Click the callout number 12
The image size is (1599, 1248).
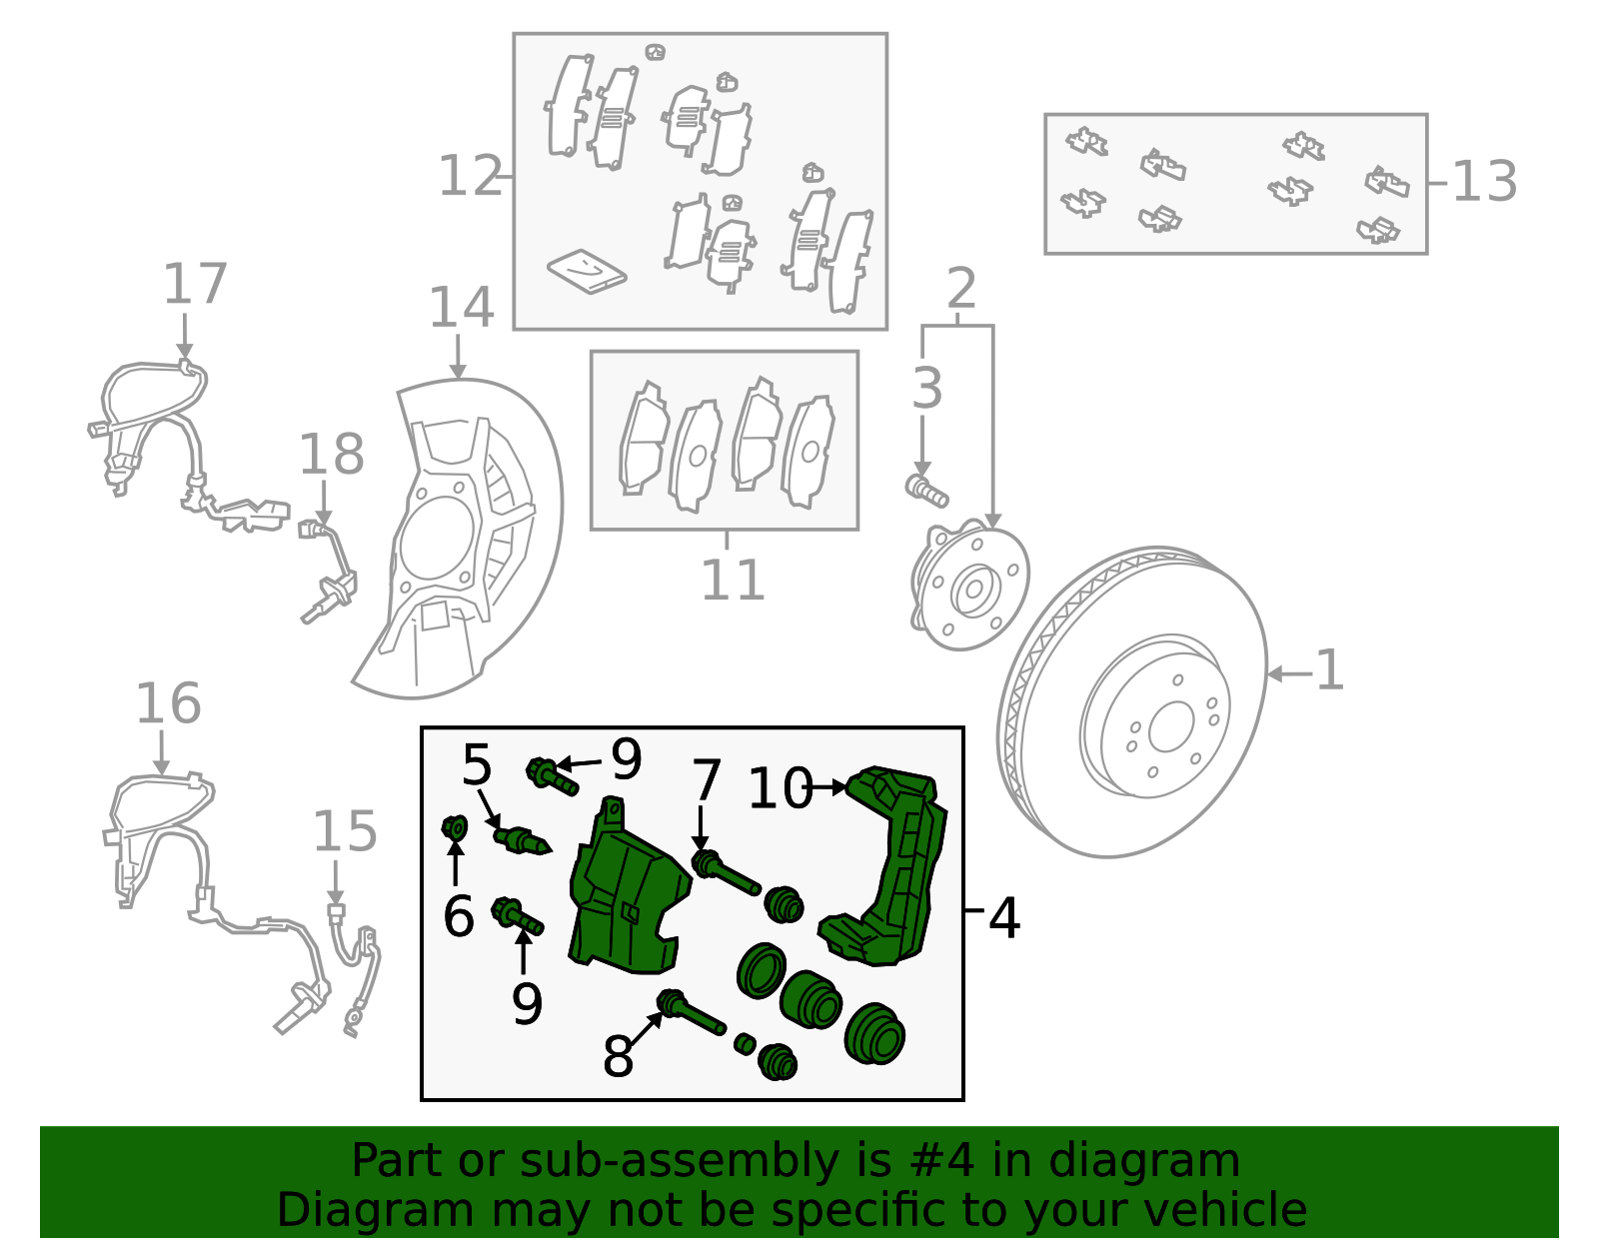coord(470,177)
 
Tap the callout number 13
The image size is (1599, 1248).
coord(1484,183)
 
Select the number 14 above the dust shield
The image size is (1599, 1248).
coord(461,308)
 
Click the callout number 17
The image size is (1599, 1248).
coord(195,285)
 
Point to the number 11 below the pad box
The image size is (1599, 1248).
coord(733,580)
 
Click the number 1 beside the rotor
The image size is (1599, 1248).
coord(1329,670)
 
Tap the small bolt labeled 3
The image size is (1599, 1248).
coord(926,491)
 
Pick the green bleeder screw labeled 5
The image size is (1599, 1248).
coord(521,839)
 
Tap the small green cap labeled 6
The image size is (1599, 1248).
coord(455,827)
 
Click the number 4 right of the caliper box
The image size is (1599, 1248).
coord(1004,917)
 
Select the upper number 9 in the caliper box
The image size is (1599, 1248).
coord(626,760)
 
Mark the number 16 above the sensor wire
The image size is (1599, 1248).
coord(168,703)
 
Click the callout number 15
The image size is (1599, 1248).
coord(345,831)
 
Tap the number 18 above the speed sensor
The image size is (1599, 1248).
coord(332,455)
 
